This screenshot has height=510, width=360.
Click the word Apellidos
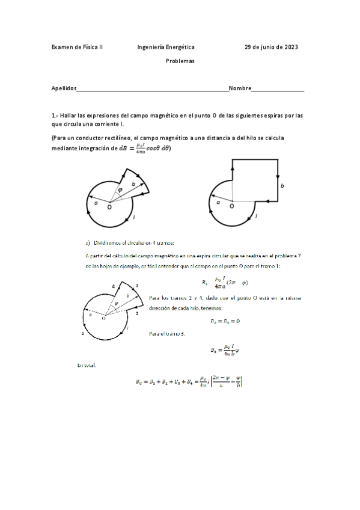click(64, 88)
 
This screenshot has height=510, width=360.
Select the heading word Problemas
click(180, 61)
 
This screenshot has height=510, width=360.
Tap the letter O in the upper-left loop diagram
click(109, 207)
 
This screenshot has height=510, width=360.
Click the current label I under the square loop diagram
click(256, 216)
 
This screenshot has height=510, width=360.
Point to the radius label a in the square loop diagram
click(219, 203)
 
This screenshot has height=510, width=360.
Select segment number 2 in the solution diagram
click(138, 313)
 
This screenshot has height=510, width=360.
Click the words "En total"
click(87, 365)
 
